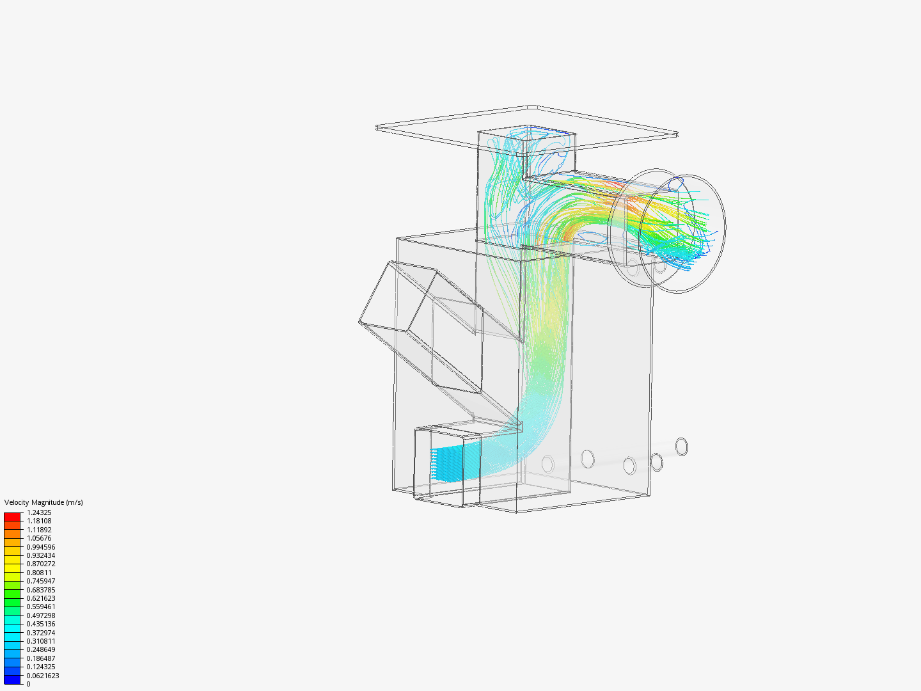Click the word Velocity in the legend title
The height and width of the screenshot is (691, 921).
[x=17, y=502]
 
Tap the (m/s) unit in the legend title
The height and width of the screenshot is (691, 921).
[x=75, y=502]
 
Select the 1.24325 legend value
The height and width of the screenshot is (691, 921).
[x=39, y=512]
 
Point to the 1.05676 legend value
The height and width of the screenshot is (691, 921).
[x=39, y=538]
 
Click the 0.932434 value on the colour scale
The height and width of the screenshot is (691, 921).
[x=41, y=555]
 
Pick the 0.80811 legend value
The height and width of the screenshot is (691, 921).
[x=39, y=573]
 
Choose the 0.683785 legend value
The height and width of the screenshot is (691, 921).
[x=41, y=590]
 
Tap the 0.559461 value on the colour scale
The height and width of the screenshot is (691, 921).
[x=41, y=607]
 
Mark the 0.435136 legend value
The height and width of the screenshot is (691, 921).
[x=41, y=624]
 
